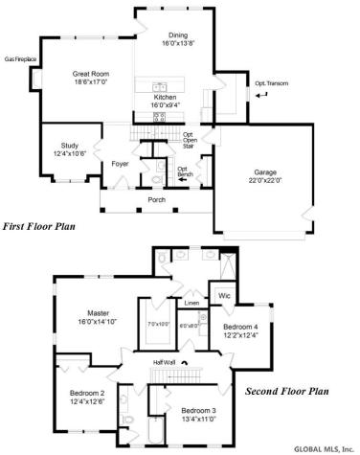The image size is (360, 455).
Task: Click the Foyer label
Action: pos(120,164)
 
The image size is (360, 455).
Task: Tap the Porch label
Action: pos(156,199)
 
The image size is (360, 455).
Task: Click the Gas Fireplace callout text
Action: pos(20,58)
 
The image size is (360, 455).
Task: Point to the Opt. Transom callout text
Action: pos(271,83)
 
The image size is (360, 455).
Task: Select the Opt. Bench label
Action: pos(182,171)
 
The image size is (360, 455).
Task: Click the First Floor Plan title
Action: pos(38,227)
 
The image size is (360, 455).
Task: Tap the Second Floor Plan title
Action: pos(286,391)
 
